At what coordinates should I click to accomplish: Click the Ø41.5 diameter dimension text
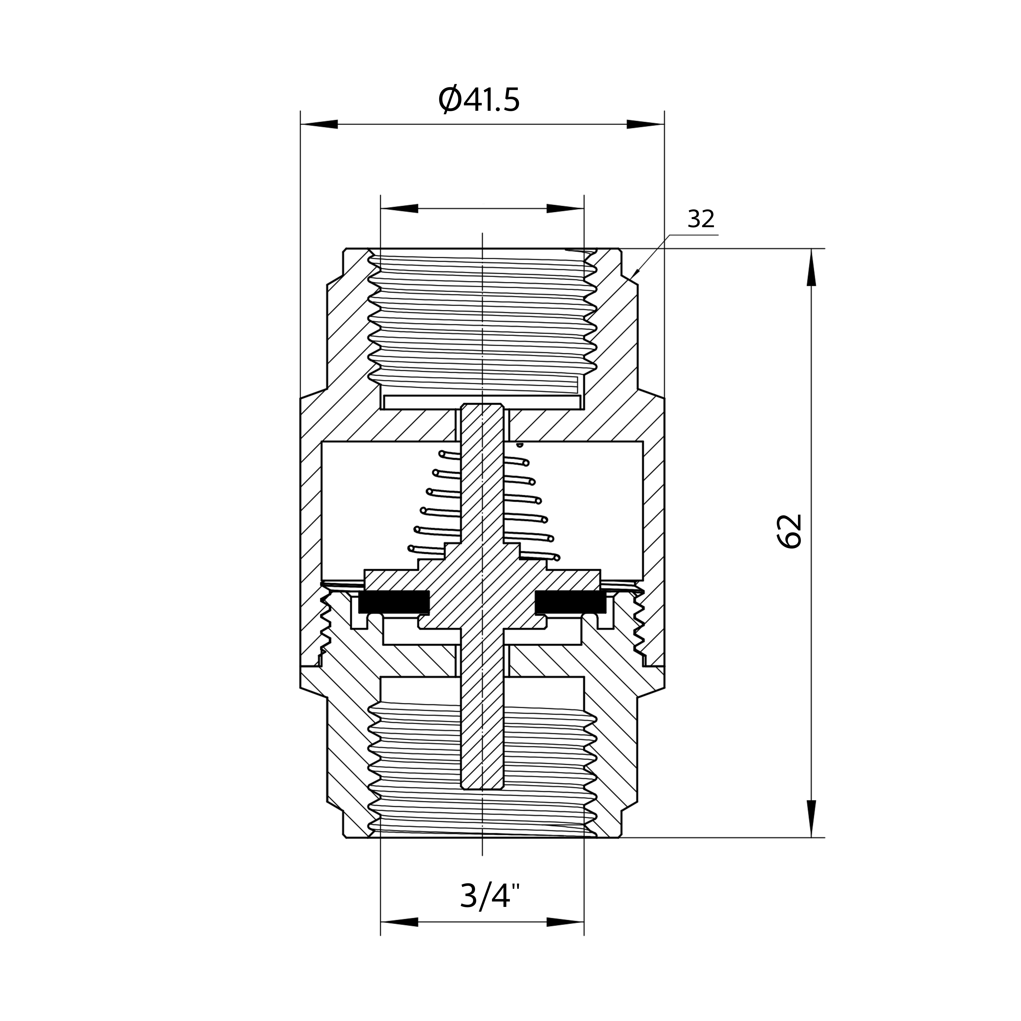tap(479, 100)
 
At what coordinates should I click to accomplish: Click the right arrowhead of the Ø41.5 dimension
tap(645, 124)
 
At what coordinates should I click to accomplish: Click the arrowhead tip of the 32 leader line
tap(633, 277)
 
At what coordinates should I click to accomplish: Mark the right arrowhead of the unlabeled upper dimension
tap(565, 208)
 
